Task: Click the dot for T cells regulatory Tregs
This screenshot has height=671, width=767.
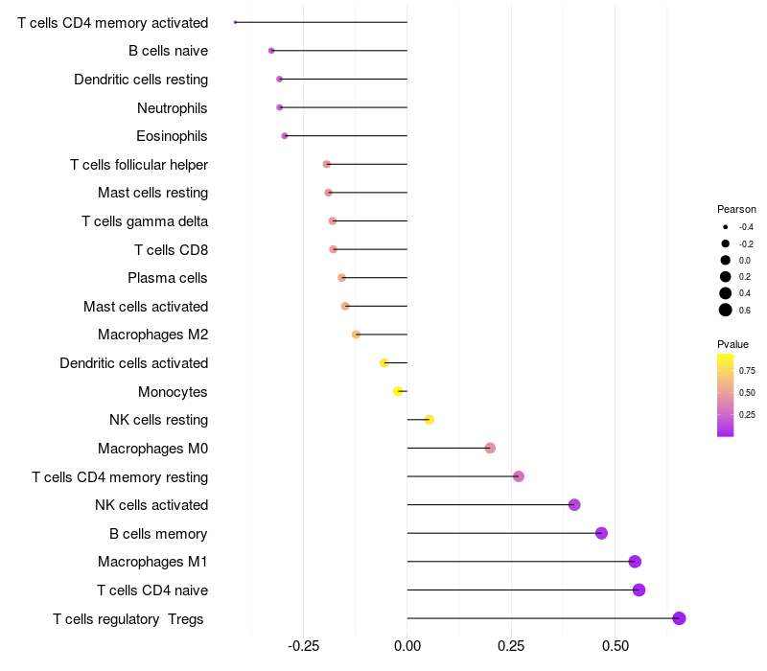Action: point(679,618)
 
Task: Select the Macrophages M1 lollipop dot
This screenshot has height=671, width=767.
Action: point(635,562)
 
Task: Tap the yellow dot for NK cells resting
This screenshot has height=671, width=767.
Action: point(429,420)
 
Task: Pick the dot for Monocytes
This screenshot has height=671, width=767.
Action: point(398,391)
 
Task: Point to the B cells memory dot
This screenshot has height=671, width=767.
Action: point(601,533)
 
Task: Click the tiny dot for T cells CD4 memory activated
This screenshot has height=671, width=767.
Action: point(235,22)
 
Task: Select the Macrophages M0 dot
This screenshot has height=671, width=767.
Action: point(490,448)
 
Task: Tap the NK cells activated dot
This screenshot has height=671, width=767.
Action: point(574,505)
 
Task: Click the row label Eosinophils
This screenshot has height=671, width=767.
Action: point(172,136)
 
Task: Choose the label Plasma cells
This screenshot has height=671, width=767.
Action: point(167,278)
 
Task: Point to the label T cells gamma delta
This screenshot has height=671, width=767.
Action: point(145,221)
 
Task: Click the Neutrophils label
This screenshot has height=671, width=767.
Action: point(172,107)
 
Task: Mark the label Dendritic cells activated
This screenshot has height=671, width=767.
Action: point(133,363)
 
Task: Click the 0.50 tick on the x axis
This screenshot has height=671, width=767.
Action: point(615,646)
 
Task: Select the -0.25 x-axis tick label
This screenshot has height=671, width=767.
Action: point(303,646)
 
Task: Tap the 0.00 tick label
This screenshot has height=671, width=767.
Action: point(407,646)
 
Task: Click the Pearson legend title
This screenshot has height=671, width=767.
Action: point(736,209)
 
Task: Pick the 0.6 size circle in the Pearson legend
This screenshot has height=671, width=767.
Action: point(726,310)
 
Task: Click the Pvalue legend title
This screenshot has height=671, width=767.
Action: point(732,344)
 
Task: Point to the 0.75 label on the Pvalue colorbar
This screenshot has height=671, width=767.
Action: point(747,370)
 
